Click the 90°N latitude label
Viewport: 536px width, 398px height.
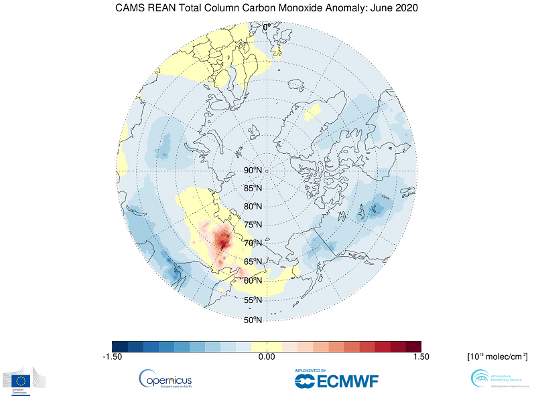tap(253, 171)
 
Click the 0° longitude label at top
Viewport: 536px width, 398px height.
tap(266, 27)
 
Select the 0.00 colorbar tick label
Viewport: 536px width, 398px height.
tap(267, 357)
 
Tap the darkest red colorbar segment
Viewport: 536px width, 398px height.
tap(413, 346)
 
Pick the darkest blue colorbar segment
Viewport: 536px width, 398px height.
tap(120, 346)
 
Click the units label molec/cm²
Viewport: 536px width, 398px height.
tap(496, 357)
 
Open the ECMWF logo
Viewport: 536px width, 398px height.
tap(336, 379)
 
